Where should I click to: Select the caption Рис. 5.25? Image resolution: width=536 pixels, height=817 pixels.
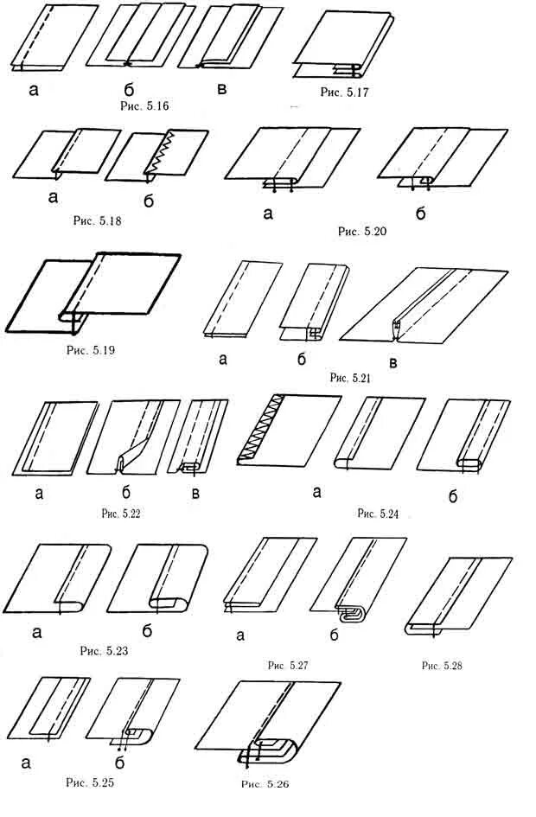tap(90, 782)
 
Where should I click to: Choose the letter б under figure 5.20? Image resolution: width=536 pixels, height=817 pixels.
tap(420, 213)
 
